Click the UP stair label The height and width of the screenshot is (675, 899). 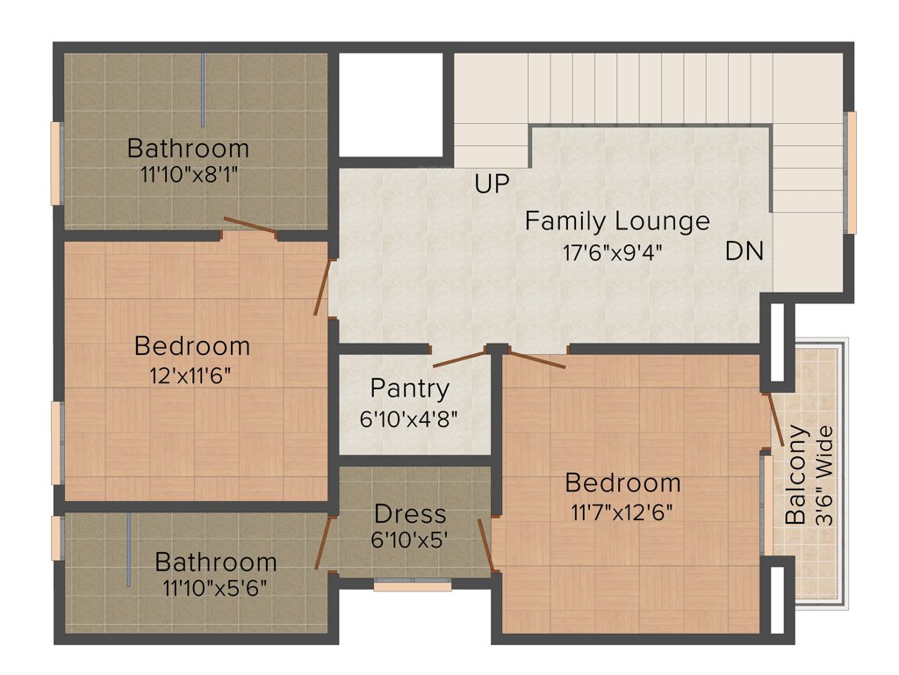(x=493, y=185)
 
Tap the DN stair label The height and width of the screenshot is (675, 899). (x=744, y=251)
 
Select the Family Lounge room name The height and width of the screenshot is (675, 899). (x=617, y=221)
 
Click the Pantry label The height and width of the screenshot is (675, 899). (x=409, y=388)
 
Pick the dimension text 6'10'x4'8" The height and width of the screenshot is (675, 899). (x=409, y=418)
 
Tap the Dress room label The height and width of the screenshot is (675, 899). (x=410, y=513)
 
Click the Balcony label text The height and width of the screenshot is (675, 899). (x=796, y=475)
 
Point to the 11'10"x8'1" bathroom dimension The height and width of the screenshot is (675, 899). (x=188, y=174)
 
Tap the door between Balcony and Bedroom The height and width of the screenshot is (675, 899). (x=775, y=417)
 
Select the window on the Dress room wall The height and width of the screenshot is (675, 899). (x=412, y=584)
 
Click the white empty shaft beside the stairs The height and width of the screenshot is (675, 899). (x=391, y=104)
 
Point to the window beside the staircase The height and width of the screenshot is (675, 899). (x=851, y=172)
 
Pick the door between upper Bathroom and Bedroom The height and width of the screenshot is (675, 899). (x=250, y=226)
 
